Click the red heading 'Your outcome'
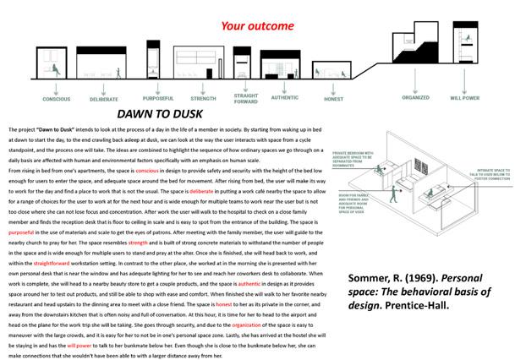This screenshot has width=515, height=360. click(x=258, y=25)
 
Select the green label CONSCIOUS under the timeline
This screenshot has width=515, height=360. click(x=57, y=99)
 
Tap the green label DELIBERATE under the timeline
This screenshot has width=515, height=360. click(x=104, y=100)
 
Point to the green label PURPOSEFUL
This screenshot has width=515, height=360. click(x=157, y=97)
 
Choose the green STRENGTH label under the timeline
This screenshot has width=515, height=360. click(x=203, y=98)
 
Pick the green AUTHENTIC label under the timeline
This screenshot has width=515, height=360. click(x=285, y=97)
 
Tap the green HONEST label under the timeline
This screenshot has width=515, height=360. click(x=333, y=100)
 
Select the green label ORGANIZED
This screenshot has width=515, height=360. click(x=415, y=97)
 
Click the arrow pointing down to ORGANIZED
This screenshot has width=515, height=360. click(x=415, y=83)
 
